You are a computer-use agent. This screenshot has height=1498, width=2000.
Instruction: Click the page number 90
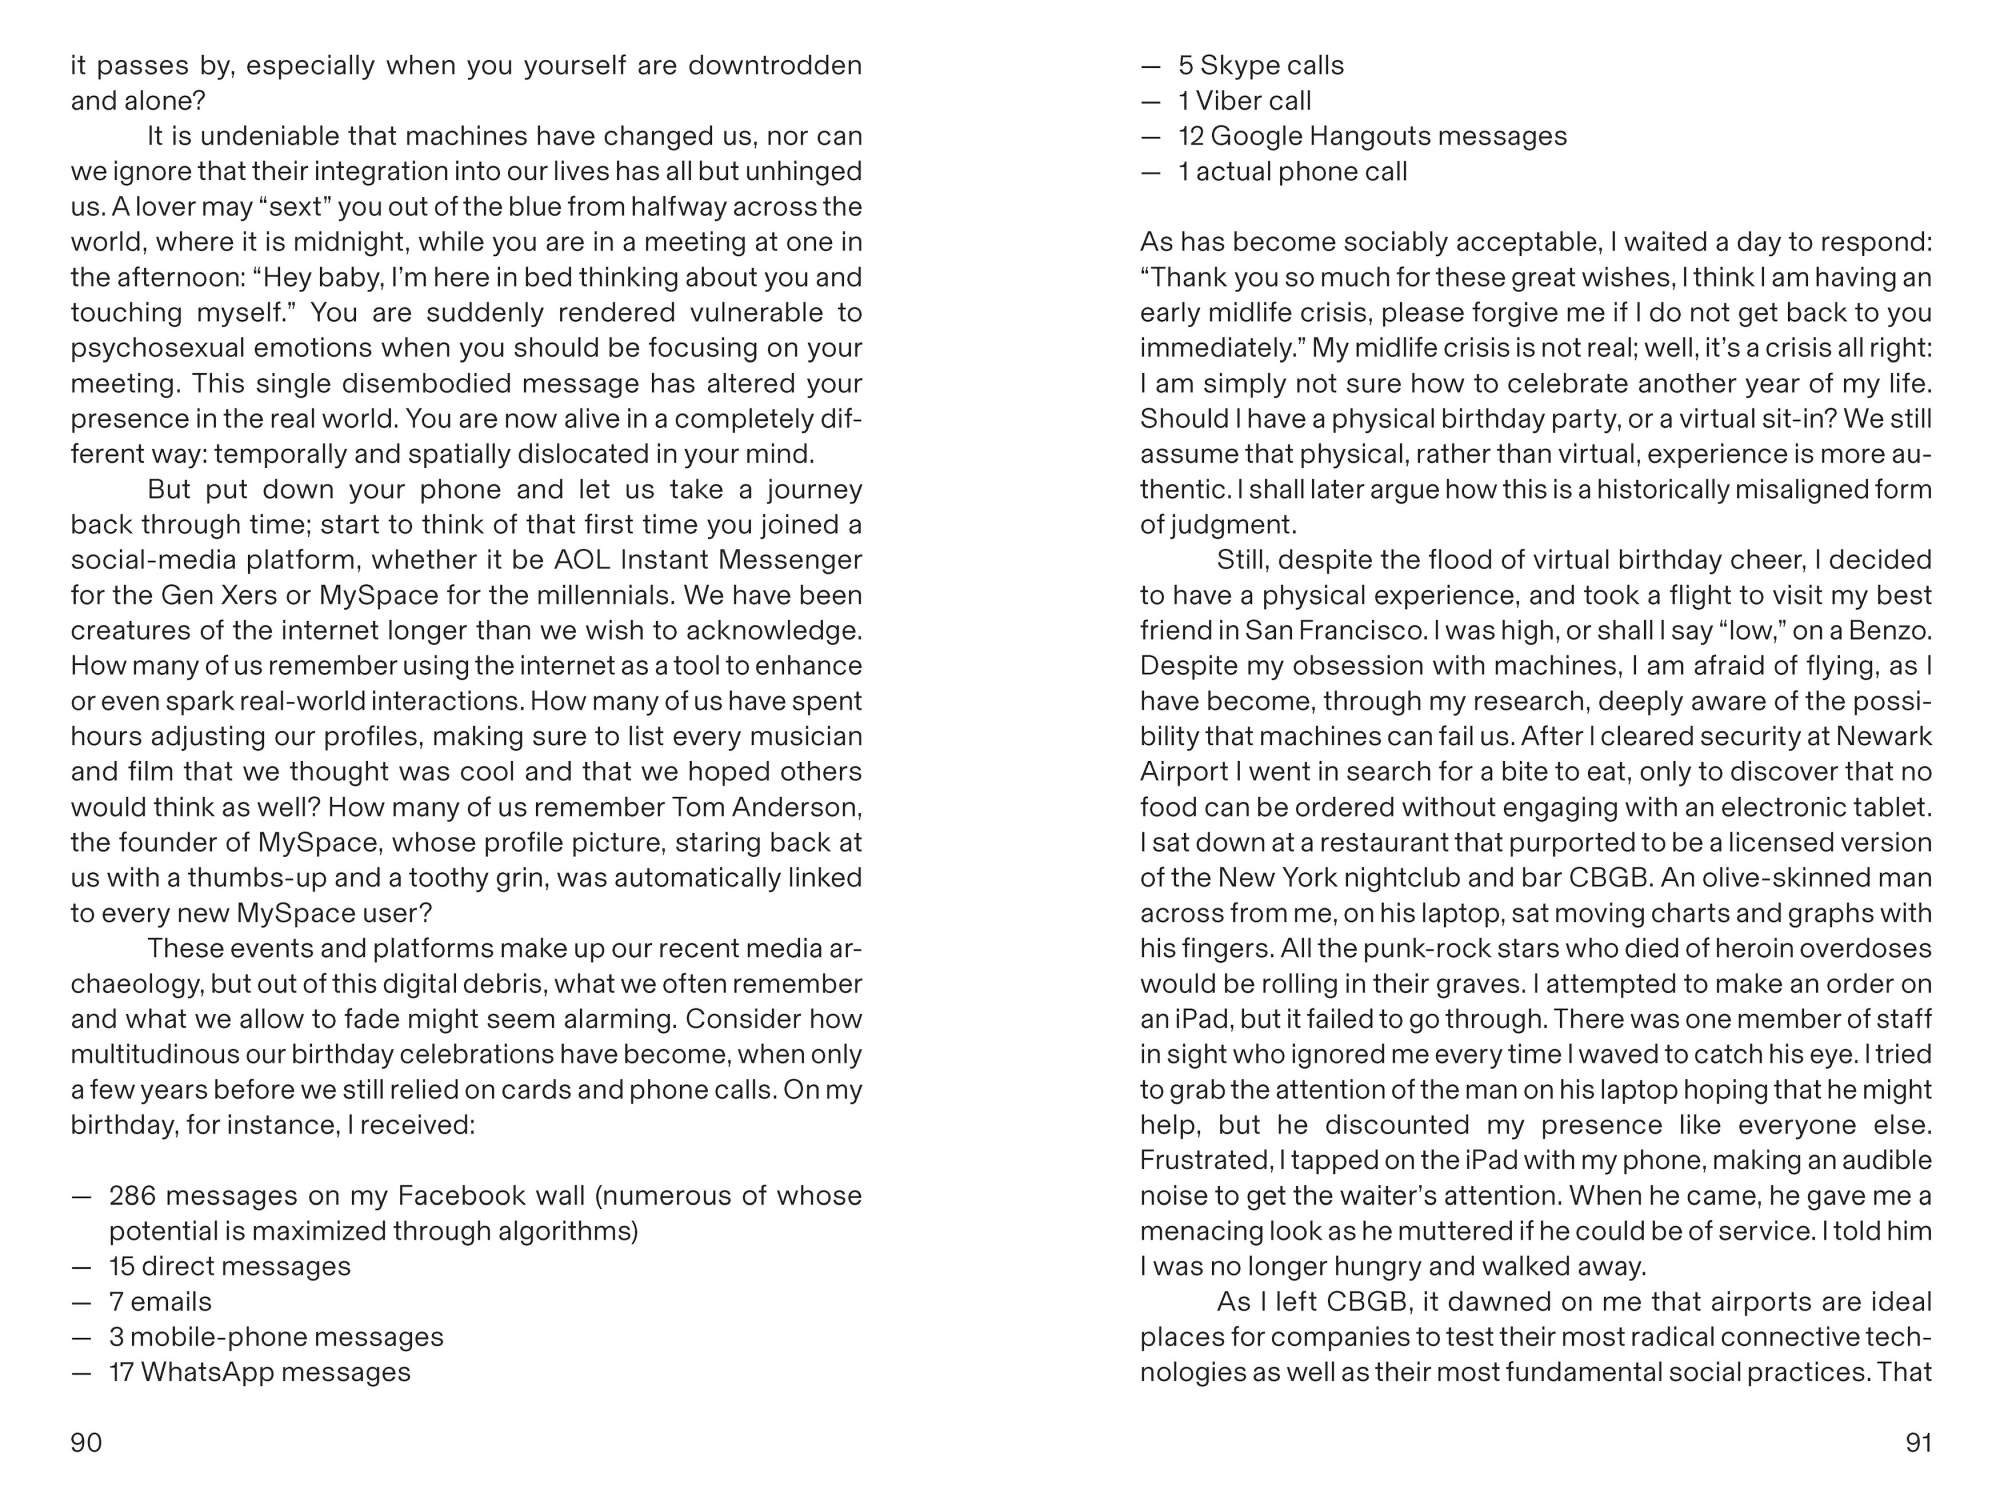point(86,1442)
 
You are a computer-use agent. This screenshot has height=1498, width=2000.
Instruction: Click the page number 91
point(1918,1442)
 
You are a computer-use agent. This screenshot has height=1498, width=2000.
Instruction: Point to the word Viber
point(1227,100)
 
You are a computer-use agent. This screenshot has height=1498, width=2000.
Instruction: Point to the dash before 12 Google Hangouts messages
point(1151,136)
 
